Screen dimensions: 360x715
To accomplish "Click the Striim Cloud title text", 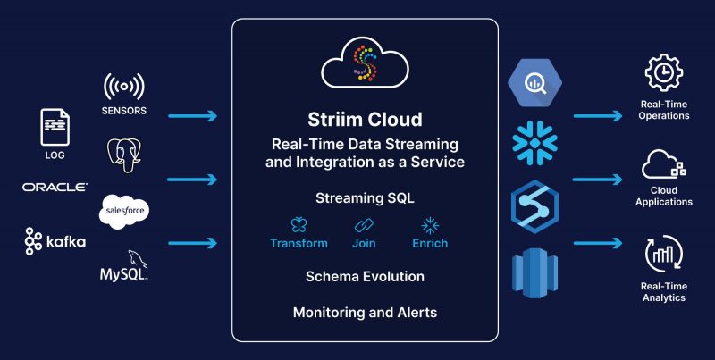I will point(365,119).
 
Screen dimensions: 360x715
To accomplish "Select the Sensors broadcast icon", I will point(123,88).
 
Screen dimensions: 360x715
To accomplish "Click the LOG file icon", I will point(55,127).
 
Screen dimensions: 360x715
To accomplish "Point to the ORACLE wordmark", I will point(55,187).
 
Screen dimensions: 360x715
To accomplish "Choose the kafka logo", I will point(55,241).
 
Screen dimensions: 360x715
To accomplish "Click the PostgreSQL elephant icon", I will point(123,154).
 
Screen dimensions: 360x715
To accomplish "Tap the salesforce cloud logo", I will point(123,210).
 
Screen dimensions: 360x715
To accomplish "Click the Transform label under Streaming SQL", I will point(299,243).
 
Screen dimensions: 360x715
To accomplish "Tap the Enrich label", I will point(430,243).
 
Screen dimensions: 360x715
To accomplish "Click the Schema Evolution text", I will point(365,276).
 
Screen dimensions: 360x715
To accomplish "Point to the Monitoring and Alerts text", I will point(365,313).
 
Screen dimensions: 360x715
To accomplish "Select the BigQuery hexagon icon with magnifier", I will point(534,82).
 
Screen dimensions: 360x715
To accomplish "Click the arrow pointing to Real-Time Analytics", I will point(598,242).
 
